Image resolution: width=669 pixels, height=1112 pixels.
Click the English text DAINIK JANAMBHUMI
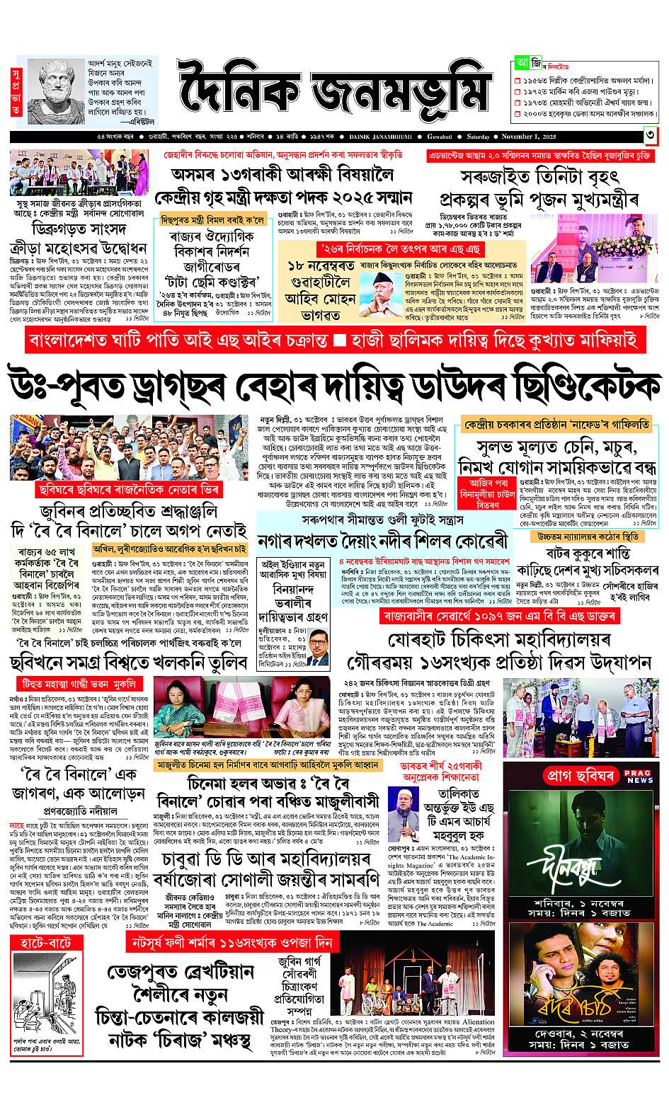coord(387,137)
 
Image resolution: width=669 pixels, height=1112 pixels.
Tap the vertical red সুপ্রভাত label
coord(16,92)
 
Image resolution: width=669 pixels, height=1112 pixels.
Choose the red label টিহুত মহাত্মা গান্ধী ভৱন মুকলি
coord(77,684)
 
